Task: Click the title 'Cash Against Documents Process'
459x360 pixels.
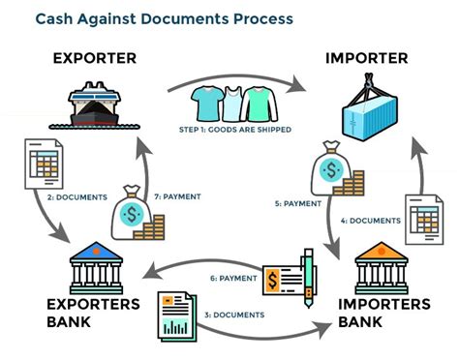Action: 163,18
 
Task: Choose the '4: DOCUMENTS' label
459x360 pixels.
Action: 370,221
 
